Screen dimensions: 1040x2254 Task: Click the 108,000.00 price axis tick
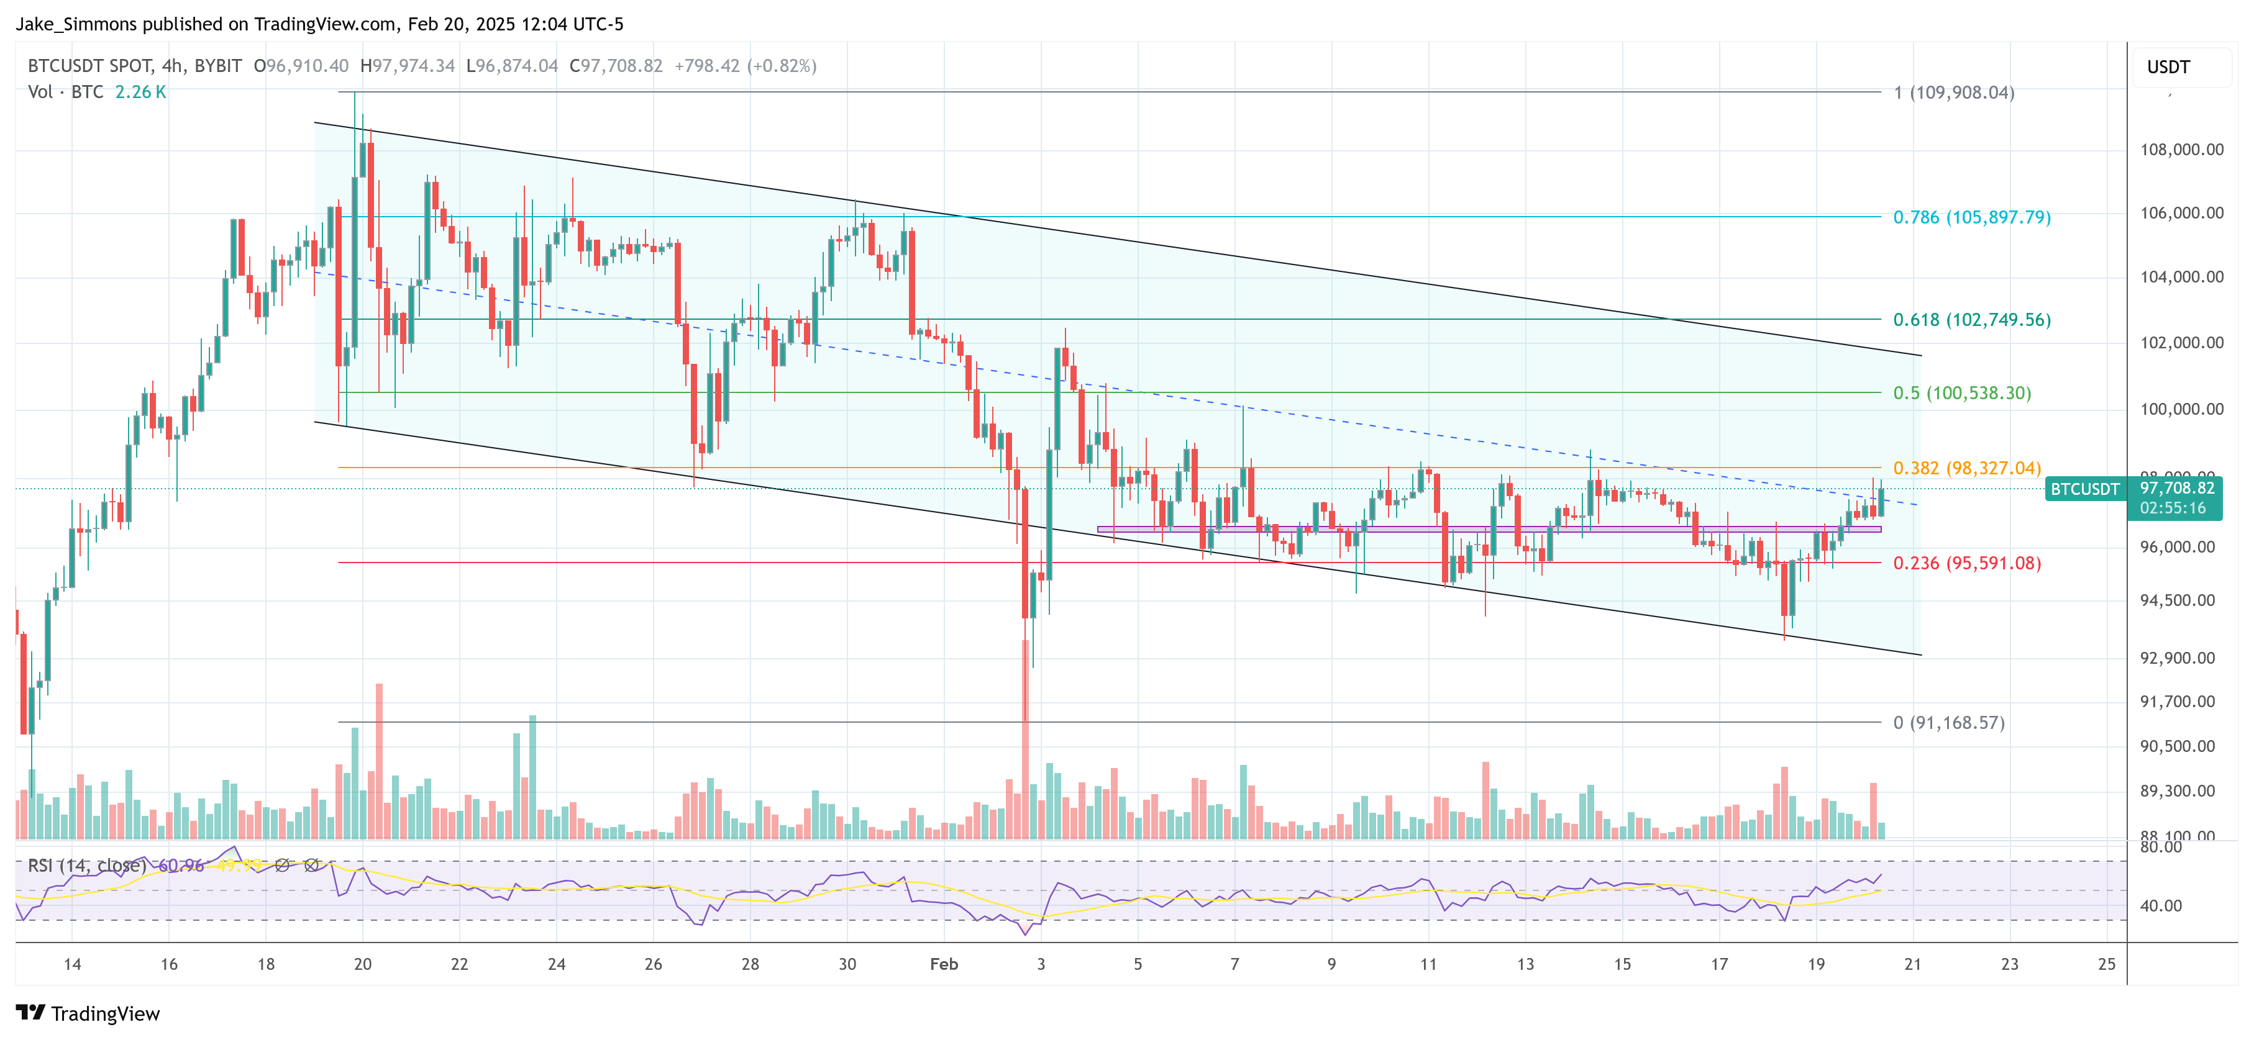pyautogui.click(x=2181, y=150)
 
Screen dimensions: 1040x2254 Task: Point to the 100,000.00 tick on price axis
pyautogui.click(x=2181, y=409)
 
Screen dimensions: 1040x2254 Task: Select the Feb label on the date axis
pyautogui.click(x=943, y=964)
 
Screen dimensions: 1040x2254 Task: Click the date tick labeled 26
pyautogui.click(x=653, y=964)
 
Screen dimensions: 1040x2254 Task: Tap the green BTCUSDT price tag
pyautogui.click(x=2084, y=489)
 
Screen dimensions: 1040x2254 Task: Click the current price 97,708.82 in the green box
pyautogui.click(x=2177, y=488)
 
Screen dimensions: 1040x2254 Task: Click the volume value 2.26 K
pyautogui.click(x=140, y=92)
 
